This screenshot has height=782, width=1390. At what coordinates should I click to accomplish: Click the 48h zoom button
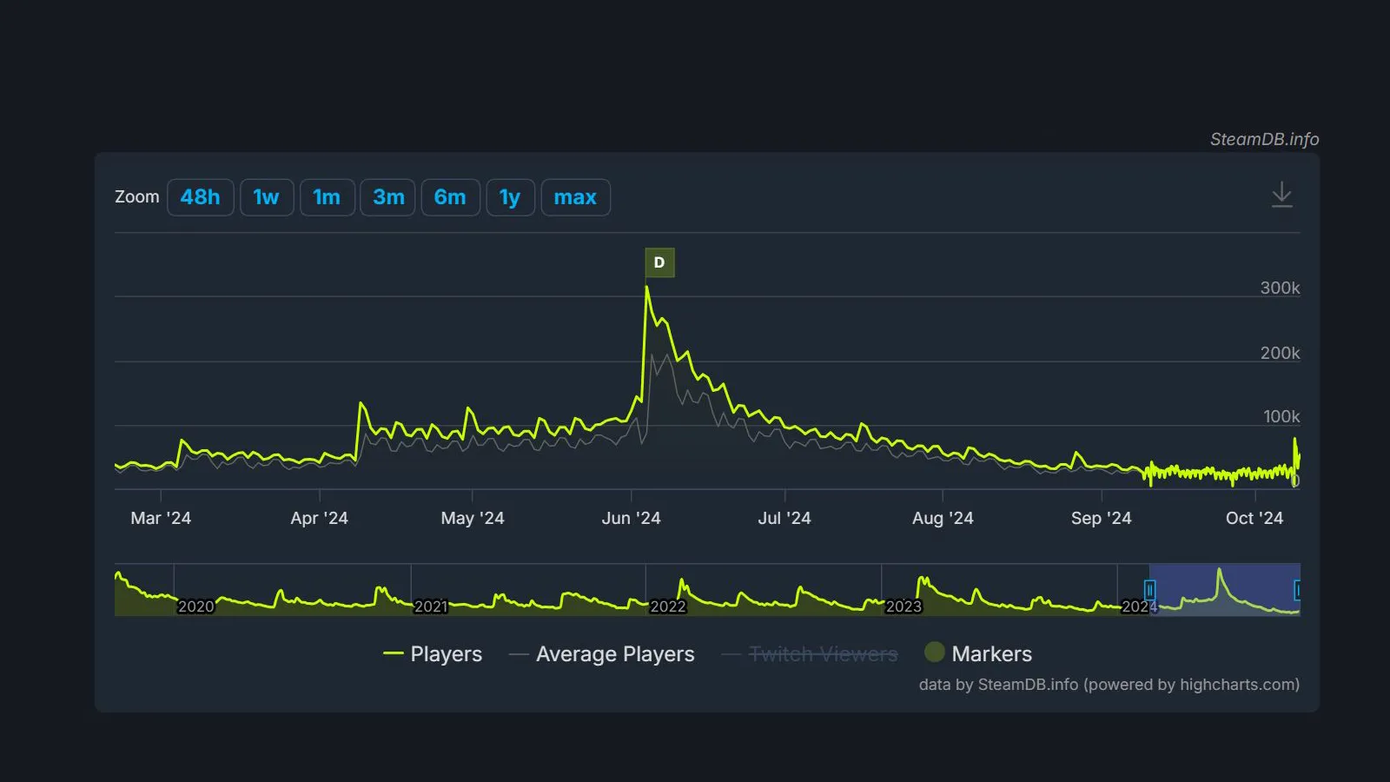click(x=200, y=197)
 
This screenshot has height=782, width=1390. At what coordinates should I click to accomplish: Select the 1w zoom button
click(x=266, y=197)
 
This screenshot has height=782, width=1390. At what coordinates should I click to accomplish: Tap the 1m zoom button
click(x=327, y=197)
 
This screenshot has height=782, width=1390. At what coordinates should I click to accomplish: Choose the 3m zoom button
click(x=388, y=197)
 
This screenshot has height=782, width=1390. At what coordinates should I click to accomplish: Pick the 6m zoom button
click(x=450, y=197)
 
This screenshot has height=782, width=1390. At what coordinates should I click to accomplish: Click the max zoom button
click(x=575, y=197)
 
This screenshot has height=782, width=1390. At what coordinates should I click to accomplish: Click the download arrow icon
click(x=1281, y=195)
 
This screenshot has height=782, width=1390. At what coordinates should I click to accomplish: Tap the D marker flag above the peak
click(x=659, y=262)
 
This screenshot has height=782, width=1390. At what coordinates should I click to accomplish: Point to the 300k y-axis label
click(x=1280, y=288)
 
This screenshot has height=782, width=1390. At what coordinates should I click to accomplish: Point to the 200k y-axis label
click(x=1280, y=353)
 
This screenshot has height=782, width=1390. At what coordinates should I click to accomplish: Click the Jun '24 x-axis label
click(x=631, y=518)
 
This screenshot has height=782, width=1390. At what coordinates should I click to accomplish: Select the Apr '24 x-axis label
click(x=319, y=518)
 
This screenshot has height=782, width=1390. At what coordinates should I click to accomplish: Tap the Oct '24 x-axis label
click(x=1254, y=518)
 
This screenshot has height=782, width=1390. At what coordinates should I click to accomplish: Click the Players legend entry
click(x=433, y=653)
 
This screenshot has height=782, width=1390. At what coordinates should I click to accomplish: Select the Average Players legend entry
click(x=602, y=653)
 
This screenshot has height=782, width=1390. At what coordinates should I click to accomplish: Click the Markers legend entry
click(x=978, y=653)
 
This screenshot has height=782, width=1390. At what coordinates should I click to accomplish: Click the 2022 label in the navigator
click(x=667, y=606)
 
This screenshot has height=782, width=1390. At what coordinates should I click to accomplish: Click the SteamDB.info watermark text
click(x=1264, y=139)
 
